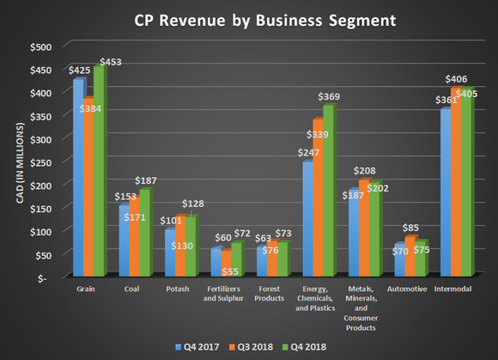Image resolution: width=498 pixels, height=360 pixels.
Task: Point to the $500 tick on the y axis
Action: [40, 46]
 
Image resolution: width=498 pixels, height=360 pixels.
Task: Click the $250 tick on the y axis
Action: [40, 162]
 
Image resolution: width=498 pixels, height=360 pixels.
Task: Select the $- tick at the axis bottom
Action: [45, 278]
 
